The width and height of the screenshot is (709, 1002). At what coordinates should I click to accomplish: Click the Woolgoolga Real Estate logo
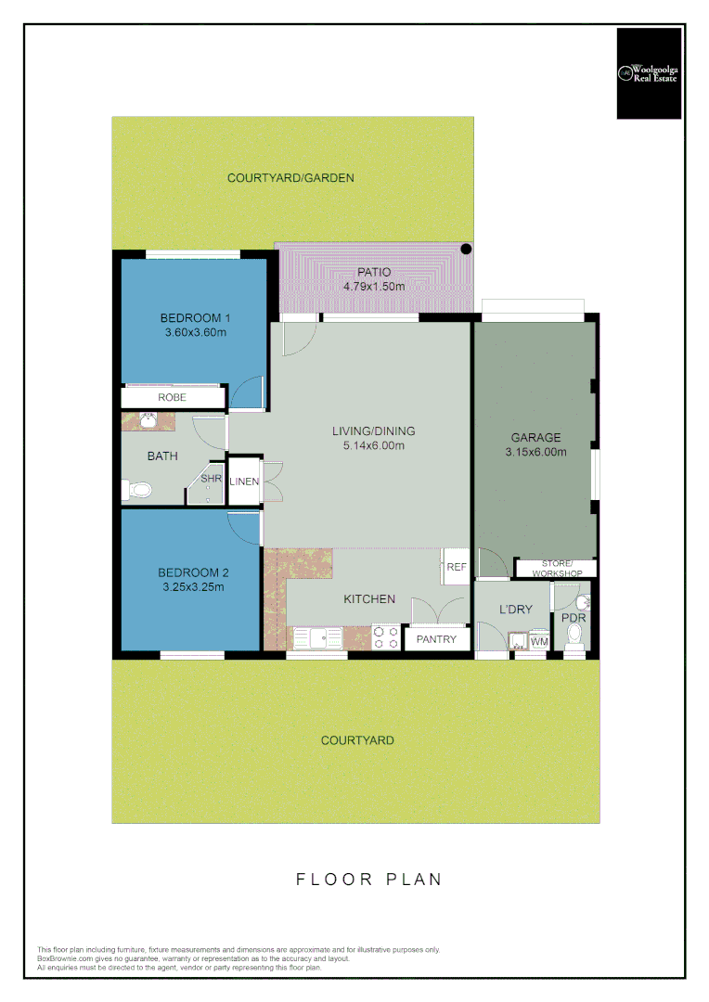pos(649,73)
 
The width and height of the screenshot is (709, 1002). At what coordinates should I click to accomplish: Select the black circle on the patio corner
pos(467,249)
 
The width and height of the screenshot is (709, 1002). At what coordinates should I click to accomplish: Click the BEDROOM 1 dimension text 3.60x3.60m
pos(195,332)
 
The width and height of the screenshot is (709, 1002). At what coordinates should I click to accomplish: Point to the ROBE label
pos(172,397)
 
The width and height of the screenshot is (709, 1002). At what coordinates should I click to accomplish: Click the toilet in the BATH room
pos(135,489)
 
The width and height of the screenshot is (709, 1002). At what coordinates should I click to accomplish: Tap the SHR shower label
pos(211,479)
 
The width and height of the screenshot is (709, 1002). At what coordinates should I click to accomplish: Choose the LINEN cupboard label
pos(244,482)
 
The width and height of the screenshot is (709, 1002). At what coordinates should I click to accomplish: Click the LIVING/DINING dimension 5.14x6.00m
pos(374,445)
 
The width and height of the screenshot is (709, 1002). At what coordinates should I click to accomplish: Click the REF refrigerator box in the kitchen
pos(456,567)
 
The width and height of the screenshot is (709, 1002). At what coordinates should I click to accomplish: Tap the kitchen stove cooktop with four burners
pos(386,637)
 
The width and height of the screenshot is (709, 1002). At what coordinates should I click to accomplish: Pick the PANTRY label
pos(434,639)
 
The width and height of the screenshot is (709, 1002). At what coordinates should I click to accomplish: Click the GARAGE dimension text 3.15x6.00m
pos(535,453)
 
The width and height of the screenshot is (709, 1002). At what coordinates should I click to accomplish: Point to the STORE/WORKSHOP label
pos(558,569)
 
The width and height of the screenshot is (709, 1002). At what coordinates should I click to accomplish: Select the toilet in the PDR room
pos(574,636)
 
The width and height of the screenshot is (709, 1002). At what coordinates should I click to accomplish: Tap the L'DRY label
pos(516,609)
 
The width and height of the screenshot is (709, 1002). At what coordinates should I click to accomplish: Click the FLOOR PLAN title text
pos(368,879)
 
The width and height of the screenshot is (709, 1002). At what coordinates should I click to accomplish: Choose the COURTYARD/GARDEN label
pos(290,177)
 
